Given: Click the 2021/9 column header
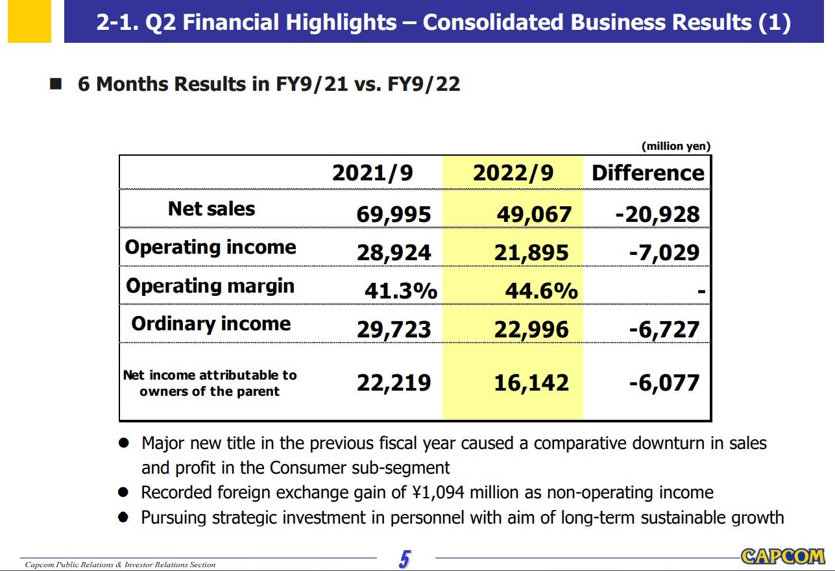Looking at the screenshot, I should pos(372,173).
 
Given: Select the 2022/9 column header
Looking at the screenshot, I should pos(513,173).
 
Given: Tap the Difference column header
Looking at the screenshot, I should pos(647,173).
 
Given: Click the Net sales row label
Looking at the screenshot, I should pos(212,209).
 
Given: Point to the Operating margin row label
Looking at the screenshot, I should pos(210,286).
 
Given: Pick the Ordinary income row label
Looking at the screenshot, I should pos(211,324).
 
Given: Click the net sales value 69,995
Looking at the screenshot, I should pos(393,214).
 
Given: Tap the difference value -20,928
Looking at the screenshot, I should pos(657,214).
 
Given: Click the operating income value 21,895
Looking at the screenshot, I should pos(531,253).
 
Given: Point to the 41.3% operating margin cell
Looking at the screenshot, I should pos(400,291).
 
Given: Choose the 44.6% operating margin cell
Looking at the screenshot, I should pos(541,291).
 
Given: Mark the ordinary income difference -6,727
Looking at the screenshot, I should pos(664,330).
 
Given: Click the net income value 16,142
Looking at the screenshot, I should pos(531,383).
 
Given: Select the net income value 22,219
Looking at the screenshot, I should pos(393,383).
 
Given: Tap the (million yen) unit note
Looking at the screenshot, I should pos(676,147).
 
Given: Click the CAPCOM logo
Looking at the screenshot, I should pos(782,556).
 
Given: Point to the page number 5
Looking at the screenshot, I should pos(405,559).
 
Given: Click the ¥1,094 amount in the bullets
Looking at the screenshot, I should pos(434,492).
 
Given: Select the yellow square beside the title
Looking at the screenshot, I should pos(29,22).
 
